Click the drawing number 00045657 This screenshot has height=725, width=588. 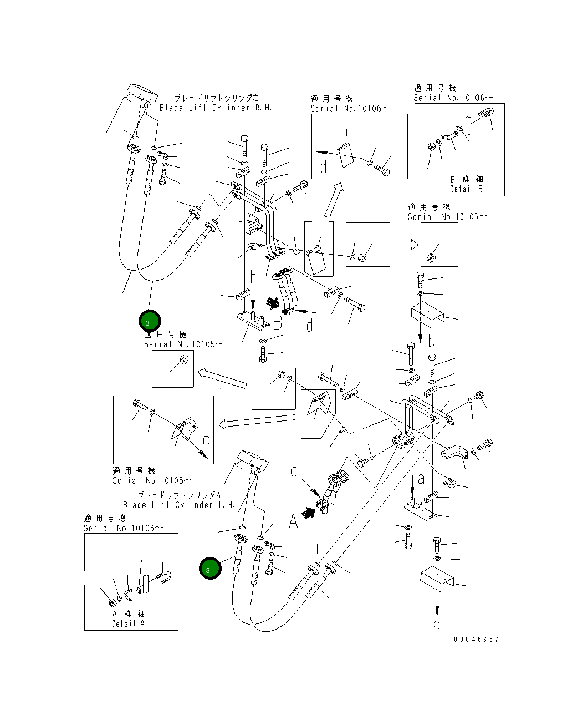click(x=476, y=640)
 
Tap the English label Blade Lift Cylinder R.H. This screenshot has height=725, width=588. click(x=216, y=108)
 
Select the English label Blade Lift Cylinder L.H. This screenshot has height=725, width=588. click(x=179, y=505)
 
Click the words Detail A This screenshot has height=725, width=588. click(x=128, y=623)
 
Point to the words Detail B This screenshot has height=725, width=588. click(x=466, y=189)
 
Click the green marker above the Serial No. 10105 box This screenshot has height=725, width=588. click(x=149, y=321)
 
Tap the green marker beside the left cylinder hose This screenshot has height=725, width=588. click(x=210, y=569)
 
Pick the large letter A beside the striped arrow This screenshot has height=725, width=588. click(x=293, y=521)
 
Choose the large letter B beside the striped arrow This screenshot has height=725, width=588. click(x=277, y=322)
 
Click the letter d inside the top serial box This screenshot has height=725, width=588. click(x=324, y=166)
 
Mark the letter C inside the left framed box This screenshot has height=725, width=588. click(x=206, y=441)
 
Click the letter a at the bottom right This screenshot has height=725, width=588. click(x=437, y=625)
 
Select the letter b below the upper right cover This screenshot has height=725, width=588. click(x=432, y=341)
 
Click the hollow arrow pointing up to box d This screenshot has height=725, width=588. click(x=334, y=201)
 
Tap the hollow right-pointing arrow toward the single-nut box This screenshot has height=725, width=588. click(x=405, y=245)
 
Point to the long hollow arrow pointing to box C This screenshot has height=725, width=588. click(x=255, y=422)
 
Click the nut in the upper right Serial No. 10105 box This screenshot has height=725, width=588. click(x=432, y=256)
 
